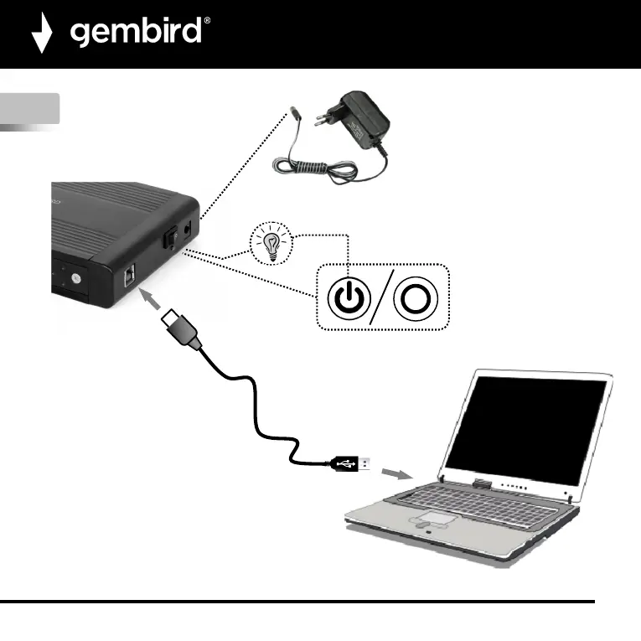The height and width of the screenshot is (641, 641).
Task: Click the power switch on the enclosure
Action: click(x=167, y=239)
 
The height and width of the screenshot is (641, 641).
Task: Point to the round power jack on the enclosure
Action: click(x=185, y=227)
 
